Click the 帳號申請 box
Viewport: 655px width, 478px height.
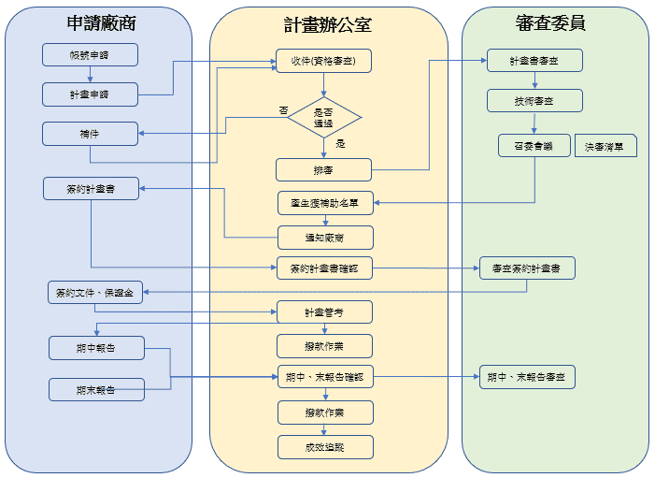click(x=91, y=54)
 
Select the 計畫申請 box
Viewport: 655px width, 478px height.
click(x=91, y=94)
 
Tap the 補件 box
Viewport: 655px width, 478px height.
click(x=91, y=134)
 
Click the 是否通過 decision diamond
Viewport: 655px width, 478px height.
click(x=323, y=118)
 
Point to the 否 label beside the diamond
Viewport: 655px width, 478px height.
click(x=283, y=110)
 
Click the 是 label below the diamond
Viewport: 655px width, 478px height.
click(x=340, y=144)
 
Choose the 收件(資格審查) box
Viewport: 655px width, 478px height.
click(x=323, y=61)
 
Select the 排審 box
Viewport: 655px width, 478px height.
click(x=323, y=169)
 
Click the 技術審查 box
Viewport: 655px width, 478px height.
click(x=534, y=100)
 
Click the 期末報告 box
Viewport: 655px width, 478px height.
click(x=96, y=389)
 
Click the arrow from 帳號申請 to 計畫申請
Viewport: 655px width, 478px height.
click(x=91, y=74)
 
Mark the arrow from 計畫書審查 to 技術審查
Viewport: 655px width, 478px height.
click(x=534, y=80)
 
